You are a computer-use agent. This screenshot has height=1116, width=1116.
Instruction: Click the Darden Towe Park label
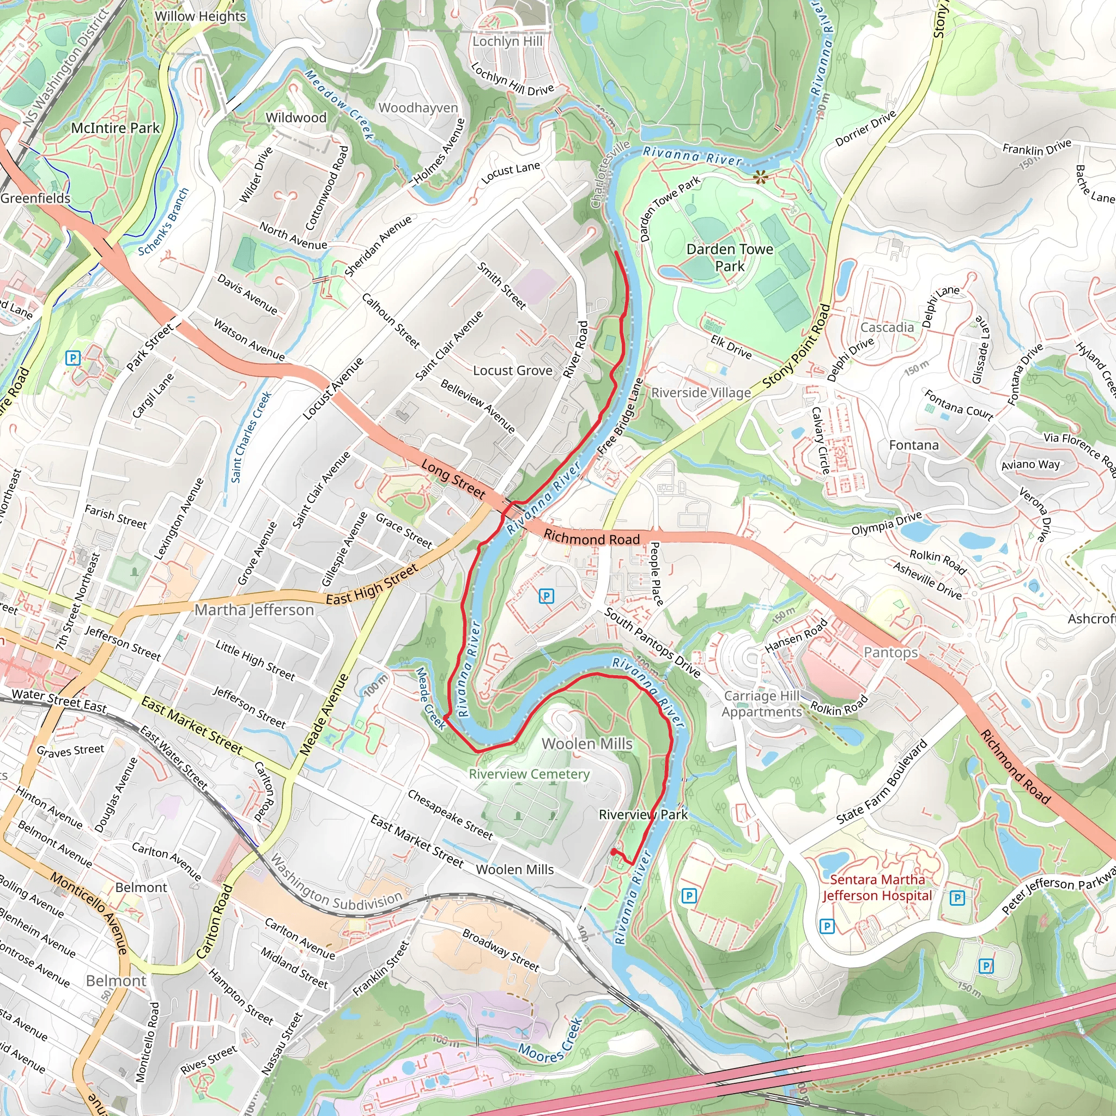pyautogui.click(x=730, y=258)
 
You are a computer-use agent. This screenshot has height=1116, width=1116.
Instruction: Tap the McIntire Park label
pyautogui.click(x=115, y=128)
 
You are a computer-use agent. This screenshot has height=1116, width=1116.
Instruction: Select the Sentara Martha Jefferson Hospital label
pyautogui.click(x=877, y=888)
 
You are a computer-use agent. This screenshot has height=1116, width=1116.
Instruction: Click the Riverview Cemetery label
pyautogui.click(x=529, y=774)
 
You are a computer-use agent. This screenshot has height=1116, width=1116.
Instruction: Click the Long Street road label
pyautogui.click(x=453, y=479)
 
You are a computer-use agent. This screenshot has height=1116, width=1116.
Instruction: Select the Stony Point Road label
pyautogui.click(x=797, y=347)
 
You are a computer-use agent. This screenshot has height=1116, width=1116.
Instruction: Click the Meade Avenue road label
pyautogui.click(x=324, y=715)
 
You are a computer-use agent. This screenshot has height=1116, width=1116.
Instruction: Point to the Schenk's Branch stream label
pyautogui.click(x=163, y=222)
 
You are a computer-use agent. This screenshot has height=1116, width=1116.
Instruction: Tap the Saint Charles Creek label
pyautogui.click(x=251, y=436)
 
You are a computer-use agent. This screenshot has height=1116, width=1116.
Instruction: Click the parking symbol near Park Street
pyautogui.click(x=72, y=358)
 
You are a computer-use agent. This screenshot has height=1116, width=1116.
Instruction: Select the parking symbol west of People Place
pyautogui.click(x=546, y=596)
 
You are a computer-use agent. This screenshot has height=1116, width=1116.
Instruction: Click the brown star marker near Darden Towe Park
pyautogui.click(x=761, y=177)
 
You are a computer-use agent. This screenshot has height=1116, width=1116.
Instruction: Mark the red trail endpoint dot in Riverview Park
pyautogui.click(x=613, y=852)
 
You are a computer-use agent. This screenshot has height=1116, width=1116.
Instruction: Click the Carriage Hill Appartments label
pyautogui.click(x=761, y=703)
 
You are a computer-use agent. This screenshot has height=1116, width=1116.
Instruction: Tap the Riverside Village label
pyautogui.click(x=701, y=393)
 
